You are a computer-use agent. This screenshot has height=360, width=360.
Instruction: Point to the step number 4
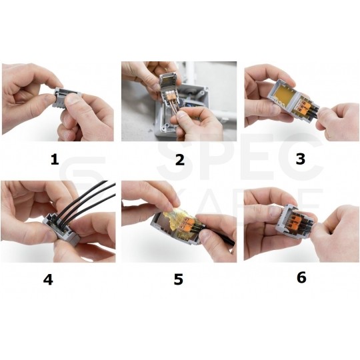[48, 279]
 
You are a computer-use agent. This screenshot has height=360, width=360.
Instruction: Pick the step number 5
[178, 279]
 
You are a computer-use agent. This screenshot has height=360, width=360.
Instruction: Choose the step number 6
[301, 277]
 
